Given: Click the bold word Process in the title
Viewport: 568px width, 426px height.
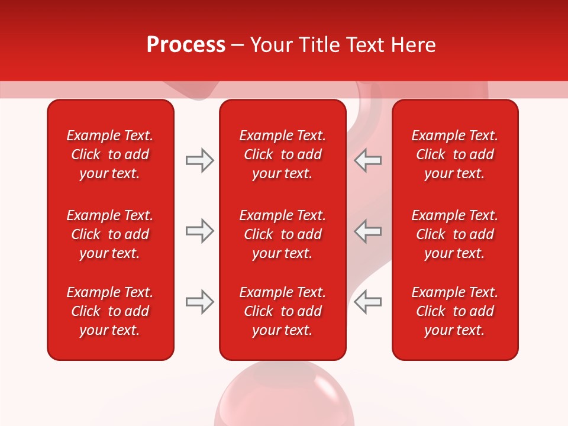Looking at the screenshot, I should point(186,45).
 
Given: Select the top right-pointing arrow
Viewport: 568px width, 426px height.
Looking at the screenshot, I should point(199,160).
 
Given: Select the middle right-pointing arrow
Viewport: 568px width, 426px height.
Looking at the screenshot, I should point(199,231).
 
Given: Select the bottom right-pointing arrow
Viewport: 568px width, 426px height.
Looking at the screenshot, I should point(199,302).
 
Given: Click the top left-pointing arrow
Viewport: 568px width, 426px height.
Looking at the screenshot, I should point(368,160).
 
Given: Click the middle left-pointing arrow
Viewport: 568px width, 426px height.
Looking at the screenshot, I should point(368,231).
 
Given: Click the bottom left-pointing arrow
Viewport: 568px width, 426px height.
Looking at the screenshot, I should point(368,302).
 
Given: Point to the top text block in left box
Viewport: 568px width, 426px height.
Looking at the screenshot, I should point(110,154).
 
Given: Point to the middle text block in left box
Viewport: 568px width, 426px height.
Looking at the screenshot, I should point(110,234).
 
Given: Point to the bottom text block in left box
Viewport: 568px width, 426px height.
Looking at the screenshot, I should point(110,311).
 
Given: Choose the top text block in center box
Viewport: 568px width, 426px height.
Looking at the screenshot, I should point(282,154).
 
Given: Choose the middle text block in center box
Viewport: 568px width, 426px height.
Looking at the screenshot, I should point(282,234).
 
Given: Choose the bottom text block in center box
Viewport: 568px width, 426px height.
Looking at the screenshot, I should point(282,311).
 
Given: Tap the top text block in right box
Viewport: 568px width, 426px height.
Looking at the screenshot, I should point(454,154).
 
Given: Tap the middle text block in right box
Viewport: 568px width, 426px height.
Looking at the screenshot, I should point(454,234).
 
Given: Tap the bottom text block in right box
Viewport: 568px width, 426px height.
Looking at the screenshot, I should point(454,311).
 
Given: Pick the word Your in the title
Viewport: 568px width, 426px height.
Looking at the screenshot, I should point(271,45).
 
